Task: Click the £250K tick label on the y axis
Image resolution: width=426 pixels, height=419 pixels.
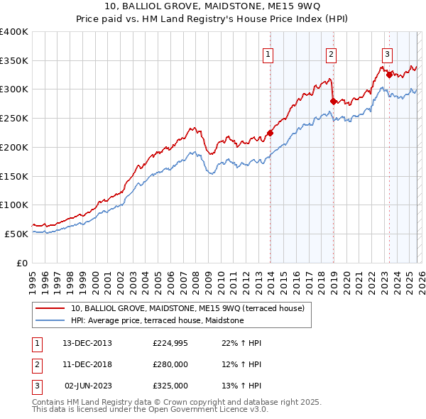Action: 14,119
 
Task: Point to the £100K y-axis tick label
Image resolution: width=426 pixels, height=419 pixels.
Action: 14,205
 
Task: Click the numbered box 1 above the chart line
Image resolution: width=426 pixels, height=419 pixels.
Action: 268,53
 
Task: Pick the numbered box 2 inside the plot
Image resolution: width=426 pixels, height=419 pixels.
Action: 331,53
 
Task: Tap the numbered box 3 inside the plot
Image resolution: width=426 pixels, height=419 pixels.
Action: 387,53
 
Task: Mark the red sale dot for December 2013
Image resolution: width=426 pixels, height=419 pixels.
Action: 270,133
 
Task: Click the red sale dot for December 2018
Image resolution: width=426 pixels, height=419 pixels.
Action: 333,101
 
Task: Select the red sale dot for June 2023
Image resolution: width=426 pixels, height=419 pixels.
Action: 389,75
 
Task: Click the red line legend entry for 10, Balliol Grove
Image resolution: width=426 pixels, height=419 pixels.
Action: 187,308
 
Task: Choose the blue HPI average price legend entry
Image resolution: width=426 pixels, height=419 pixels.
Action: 157,320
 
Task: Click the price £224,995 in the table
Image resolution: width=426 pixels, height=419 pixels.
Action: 170,343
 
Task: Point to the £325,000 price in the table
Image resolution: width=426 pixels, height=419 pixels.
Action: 170,386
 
